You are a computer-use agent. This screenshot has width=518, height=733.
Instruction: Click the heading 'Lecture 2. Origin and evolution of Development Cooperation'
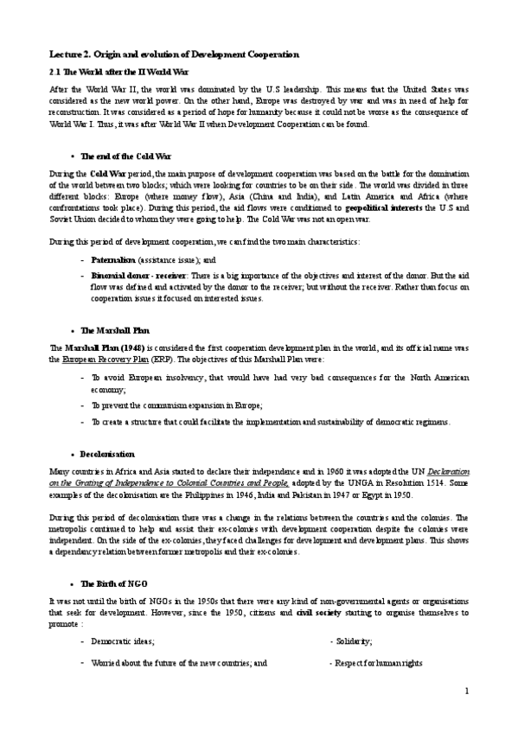click(174, 54)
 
